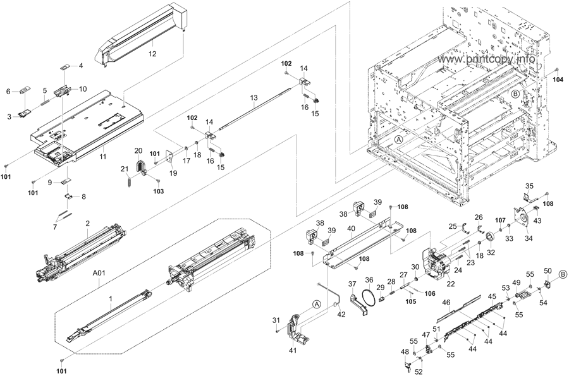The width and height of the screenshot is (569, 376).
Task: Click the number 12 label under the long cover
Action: pyautogui.click(x=152, y=55)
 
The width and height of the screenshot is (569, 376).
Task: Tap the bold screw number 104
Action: pyautogui.click(x=558, y=80)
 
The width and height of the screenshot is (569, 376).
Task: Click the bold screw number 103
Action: pyautogui.click(x=159, y=190)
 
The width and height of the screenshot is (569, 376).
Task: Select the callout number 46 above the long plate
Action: pyautogui.click(x=446, y=303)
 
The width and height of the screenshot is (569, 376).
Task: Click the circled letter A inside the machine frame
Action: pyautogui.click(x=399, y=138)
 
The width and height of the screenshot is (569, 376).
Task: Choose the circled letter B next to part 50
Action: pyautogui.click(x=563, y=274)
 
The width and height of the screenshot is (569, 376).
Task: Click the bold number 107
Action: pyautogui.click(x=500, y=220)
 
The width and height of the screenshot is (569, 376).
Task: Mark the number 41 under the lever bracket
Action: pyautogui.click(x=292, y=350)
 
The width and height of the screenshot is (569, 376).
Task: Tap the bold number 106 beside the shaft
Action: pyautogui.click(x=430, y=293)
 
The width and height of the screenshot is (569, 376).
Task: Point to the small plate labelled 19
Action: pyautogui.click(x=170, y=158)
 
